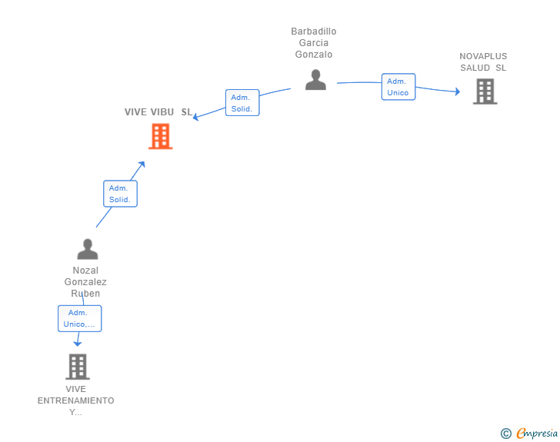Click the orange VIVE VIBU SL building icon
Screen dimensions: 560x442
tap(161, 136)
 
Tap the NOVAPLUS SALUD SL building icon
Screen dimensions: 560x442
tap(485, 91)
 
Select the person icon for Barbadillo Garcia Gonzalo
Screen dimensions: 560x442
tap(315, 80)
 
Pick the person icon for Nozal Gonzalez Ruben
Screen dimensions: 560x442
tap(88, 249)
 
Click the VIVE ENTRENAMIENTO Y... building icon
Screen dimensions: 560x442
tap(78, 367)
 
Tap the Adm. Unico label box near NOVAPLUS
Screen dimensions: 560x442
tap(398, 87)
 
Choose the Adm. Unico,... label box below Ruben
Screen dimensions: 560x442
tap(80, 318)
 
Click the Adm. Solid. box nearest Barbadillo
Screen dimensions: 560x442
tap(242, 103)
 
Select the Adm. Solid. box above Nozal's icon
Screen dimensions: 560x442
tap(120, 194)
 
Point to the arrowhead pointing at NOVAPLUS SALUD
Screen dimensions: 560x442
tap(458, 91)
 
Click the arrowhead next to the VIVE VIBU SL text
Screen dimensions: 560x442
tap(195, 117)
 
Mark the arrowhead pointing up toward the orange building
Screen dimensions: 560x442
tap(142, 165)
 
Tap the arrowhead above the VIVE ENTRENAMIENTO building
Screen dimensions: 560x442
tap(78, 344)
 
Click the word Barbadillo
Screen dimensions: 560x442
tap(314, 32)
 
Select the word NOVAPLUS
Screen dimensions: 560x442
tap(483, 56)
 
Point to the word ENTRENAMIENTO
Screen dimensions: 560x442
tap(75, 400)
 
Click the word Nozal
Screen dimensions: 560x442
tap(85, 271)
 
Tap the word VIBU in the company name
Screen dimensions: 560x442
tap(162, 112)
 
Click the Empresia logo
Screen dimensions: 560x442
tap(537, 433)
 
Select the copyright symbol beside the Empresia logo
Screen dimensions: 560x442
tap(506, 434)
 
